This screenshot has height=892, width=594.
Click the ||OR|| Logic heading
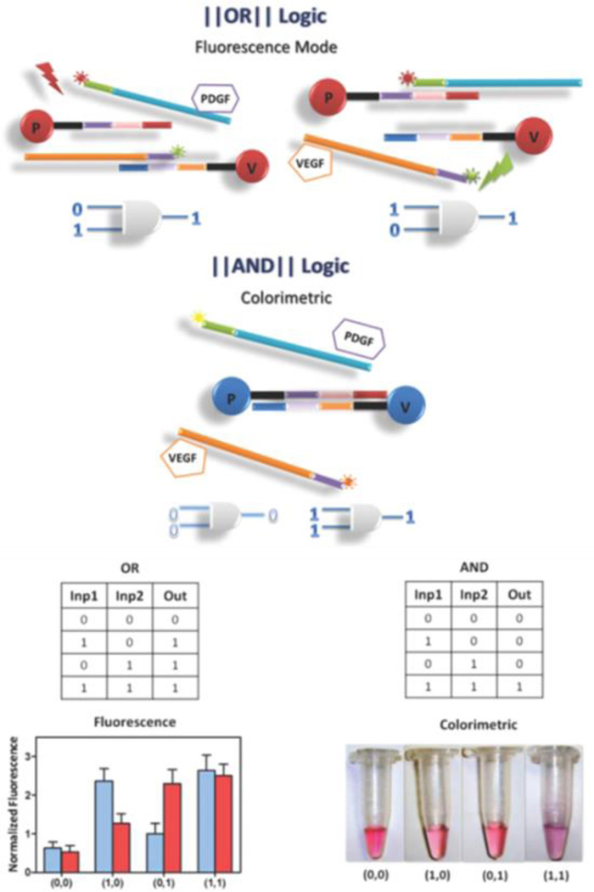(x=297, y=17)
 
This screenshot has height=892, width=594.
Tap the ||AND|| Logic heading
(x=297, y=264)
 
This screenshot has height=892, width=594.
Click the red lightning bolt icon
(x=48, y=77)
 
